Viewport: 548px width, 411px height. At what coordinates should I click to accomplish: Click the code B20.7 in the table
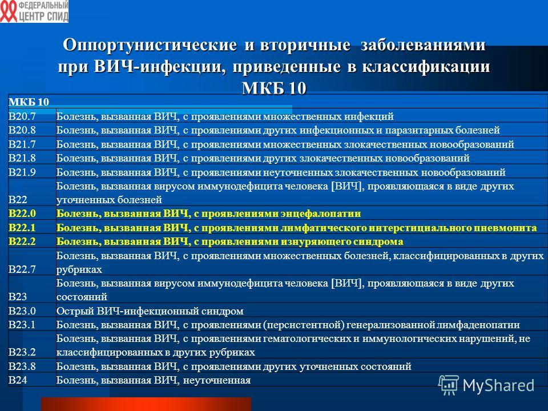22,116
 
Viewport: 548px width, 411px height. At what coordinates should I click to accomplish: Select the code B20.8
22,130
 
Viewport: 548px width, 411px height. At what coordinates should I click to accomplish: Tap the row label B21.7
22,144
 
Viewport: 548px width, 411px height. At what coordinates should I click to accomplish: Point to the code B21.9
22,172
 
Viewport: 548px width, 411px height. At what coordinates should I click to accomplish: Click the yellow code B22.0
22,213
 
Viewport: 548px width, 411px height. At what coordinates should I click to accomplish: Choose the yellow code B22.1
22,228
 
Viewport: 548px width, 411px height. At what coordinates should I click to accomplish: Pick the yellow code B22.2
22,241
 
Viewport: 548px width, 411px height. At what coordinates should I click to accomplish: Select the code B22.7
22,269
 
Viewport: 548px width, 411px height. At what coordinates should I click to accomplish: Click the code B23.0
22,311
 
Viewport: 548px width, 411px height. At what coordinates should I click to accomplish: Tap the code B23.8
22,366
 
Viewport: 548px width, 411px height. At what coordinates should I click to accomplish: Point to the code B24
18,380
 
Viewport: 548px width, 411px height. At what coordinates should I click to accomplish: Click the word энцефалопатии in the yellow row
321,213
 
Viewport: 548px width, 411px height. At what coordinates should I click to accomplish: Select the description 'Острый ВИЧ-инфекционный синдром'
150,311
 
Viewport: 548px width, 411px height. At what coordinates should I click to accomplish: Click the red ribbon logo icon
9,11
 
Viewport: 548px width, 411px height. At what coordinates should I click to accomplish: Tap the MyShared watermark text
498,385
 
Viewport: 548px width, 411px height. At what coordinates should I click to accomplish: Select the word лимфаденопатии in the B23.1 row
478,325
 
